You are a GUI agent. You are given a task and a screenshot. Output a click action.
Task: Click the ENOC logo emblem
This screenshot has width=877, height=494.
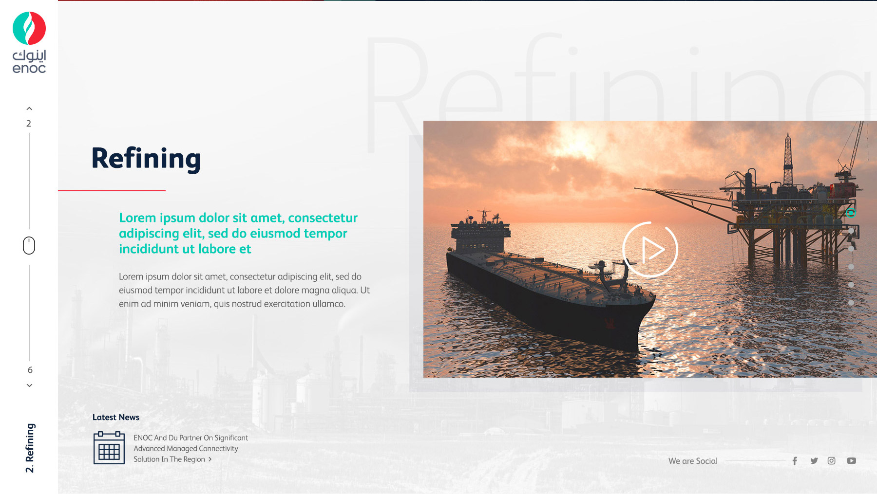[x=29, y=28]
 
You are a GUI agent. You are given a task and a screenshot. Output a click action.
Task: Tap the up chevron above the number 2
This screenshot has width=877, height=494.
[x=29, y=109]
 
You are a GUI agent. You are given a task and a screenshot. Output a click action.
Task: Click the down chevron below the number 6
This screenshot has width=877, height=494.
[x=29, y=385]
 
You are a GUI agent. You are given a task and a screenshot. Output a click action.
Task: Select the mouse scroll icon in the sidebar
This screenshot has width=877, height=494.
[x=29, y=246]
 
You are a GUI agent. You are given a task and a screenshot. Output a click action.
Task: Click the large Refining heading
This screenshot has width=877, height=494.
[x=146, y=159]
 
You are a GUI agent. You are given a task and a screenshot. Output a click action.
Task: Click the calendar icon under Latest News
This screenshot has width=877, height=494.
[x=109, y=448]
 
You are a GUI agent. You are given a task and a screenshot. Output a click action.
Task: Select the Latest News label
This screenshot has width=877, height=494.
[x=116, y=417]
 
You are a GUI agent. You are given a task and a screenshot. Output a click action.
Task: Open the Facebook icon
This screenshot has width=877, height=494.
[x=795, y=461]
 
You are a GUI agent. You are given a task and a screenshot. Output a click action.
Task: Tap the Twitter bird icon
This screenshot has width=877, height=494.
[x=814, y=460]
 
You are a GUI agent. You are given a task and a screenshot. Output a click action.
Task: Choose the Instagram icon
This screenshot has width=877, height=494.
[x=832, y=461]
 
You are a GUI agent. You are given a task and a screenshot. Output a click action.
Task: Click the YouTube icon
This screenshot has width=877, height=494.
[x=852, y=461]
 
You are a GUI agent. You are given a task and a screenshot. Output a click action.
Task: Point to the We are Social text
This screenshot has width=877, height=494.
[x=693, y=461]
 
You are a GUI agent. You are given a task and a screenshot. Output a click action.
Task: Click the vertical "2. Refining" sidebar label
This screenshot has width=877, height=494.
[x=30, y=448]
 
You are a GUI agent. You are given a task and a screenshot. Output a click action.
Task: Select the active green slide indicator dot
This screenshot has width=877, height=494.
[x=851, y=213]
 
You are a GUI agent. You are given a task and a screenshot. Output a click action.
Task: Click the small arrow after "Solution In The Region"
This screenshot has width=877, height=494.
[x=210, y=459]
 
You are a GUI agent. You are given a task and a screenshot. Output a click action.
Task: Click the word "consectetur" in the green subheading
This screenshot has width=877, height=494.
[x=323, y=218]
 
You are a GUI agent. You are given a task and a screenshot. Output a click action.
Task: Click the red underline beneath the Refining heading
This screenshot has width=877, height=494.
[x=112, y=190]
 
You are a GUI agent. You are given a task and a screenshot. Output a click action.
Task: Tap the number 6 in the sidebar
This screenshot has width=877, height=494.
[x=30, y=370]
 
